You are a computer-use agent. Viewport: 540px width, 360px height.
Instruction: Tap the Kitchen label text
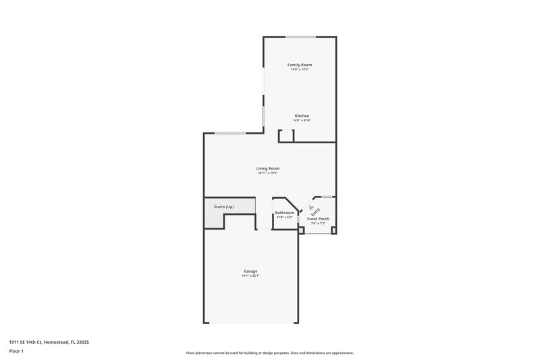(302, 115)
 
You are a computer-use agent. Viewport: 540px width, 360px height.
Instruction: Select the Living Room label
(267, 168)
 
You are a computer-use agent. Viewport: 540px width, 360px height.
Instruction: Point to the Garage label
(250, 271)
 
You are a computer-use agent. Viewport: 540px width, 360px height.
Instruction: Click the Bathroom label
(284, 213)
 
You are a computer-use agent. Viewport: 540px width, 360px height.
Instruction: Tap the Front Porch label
(318, 219)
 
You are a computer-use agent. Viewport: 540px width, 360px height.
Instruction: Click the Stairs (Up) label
(223, 206)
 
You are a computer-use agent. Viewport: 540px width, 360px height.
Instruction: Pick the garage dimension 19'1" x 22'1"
(250, 276)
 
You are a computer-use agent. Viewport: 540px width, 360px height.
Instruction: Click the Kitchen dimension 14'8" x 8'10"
(302, 120)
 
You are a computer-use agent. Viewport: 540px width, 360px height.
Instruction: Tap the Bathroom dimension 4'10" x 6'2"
(284, 217)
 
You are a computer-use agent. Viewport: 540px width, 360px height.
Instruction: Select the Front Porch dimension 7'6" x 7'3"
(318, 224)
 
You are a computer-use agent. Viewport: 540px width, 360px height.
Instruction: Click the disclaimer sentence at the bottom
(270, 353)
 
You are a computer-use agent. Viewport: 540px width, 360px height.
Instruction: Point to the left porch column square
(301, 231)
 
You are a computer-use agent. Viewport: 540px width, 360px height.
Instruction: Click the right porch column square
(333, 231)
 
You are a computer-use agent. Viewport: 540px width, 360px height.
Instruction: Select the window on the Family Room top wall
(299, 36)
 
